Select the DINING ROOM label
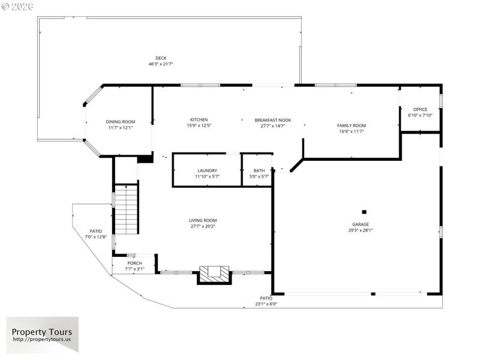(x=121, y=122)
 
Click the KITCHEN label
(x=199, y=120)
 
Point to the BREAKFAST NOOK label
(x=272, y=120)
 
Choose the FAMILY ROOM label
(x=351, y=125)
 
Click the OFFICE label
(x=420, y=109)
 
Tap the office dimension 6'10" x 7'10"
(x=420, y=115)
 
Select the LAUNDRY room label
(x=206, y=170)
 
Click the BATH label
(x=259, y=170)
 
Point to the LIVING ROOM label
(x=203, y=220)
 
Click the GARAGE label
(x=361, y=224)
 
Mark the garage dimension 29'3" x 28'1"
(x=361, y=230)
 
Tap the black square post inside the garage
(x=364, y=211)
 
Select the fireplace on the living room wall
(x=214, y=274)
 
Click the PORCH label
(x=134, y=263)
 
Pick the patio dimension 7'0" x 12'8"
(x=96, y=237)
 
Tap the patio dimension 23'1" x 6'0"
(x=266, y=304)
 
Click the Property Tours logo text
(x=42, y=332)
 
